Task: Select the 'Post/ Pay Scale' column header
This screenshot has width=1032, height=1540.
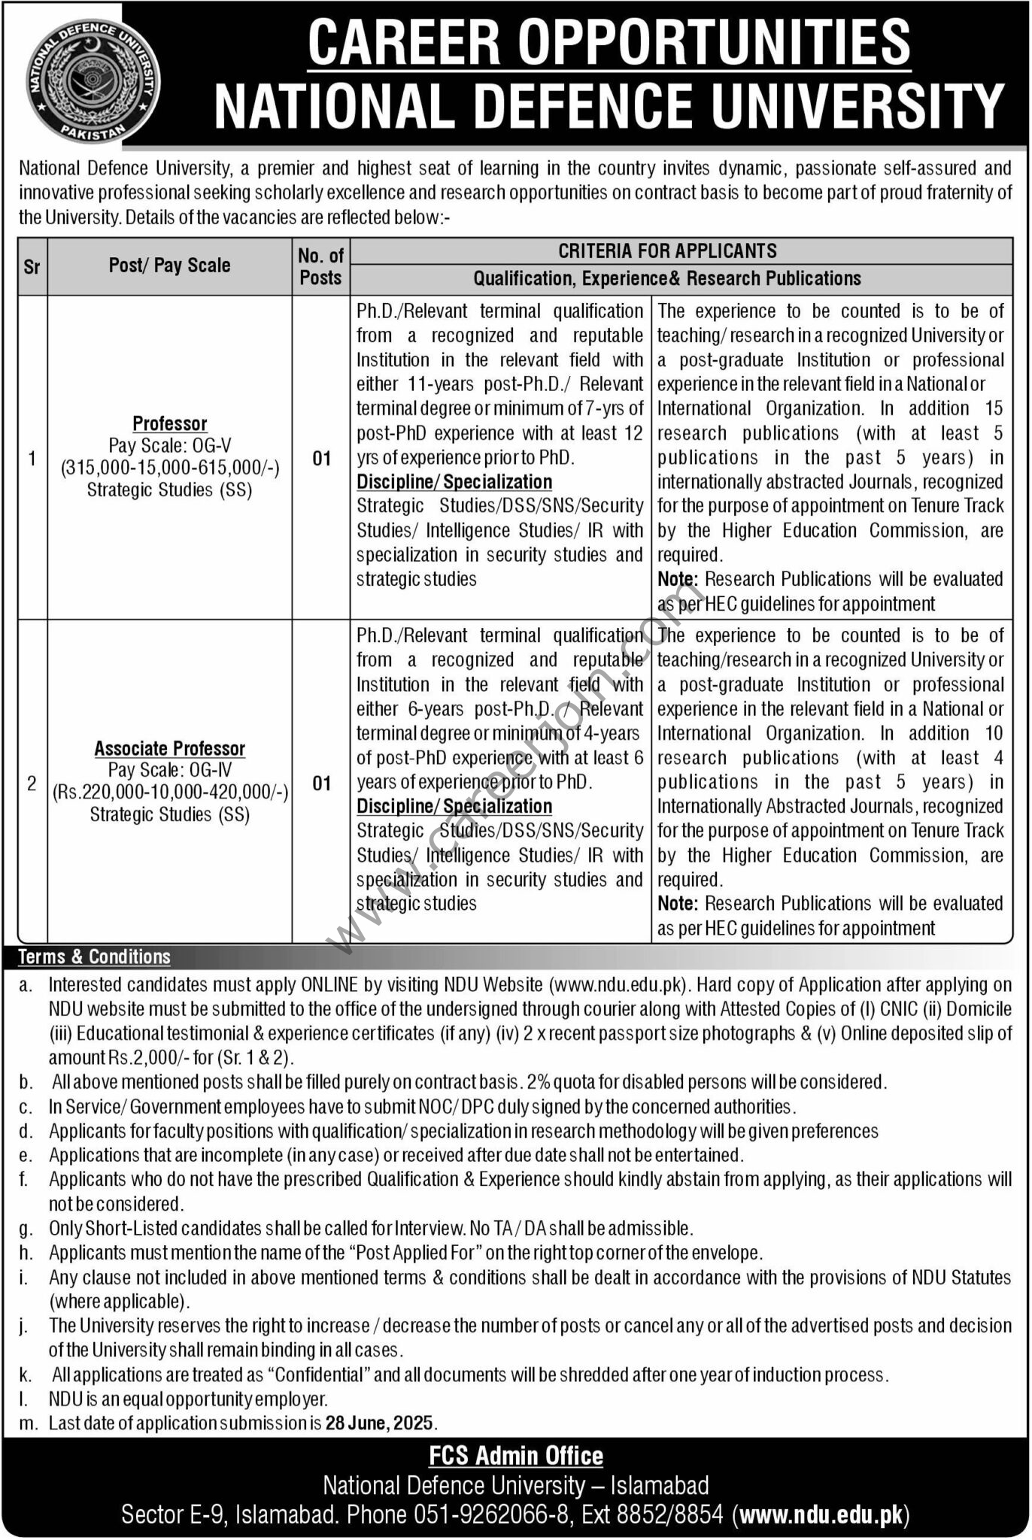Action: pyautogui.click(x=169, y=265)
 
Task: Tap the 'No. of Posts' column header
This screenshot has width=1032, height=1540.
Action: pyautogui.click(x=320, y=266)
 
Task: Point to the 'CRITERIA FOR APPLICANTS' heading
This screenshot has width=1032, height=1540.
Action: pyautogui.click(x=667, y=251)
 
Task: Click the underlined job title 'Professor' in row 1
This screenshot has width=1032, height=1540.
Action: pyautogui.click(x=169, y=423)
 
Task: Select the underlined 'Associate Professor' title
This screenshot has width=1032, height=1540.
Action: pyautogui.click(x=169, y=748)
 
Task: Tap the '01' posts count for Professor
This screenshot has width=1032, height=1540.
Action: pyautogui.click(x=321, y=458)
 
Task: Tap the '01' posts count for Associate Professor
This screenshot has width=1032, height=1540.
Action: pyautogui.click(x=321, y=783)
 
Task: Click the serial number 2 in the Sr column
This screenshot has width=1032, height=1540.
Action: pyautogui.click(x=32, y=783)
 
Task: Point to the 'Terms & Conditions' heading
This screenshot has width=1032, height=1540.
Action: pyautogui.click(x=94, y=956)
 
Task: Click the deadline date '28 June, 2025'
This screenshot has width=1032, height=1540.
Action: pyautogui.click(x=380, y=1423)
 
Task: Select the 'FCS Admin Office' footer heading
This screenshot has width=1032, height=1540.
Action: pyautogui.click(x=516, y=1456)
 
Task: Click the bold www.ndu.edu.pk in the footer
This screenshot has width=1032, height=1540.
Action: pyautogui.click(x=824, y=1514)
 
